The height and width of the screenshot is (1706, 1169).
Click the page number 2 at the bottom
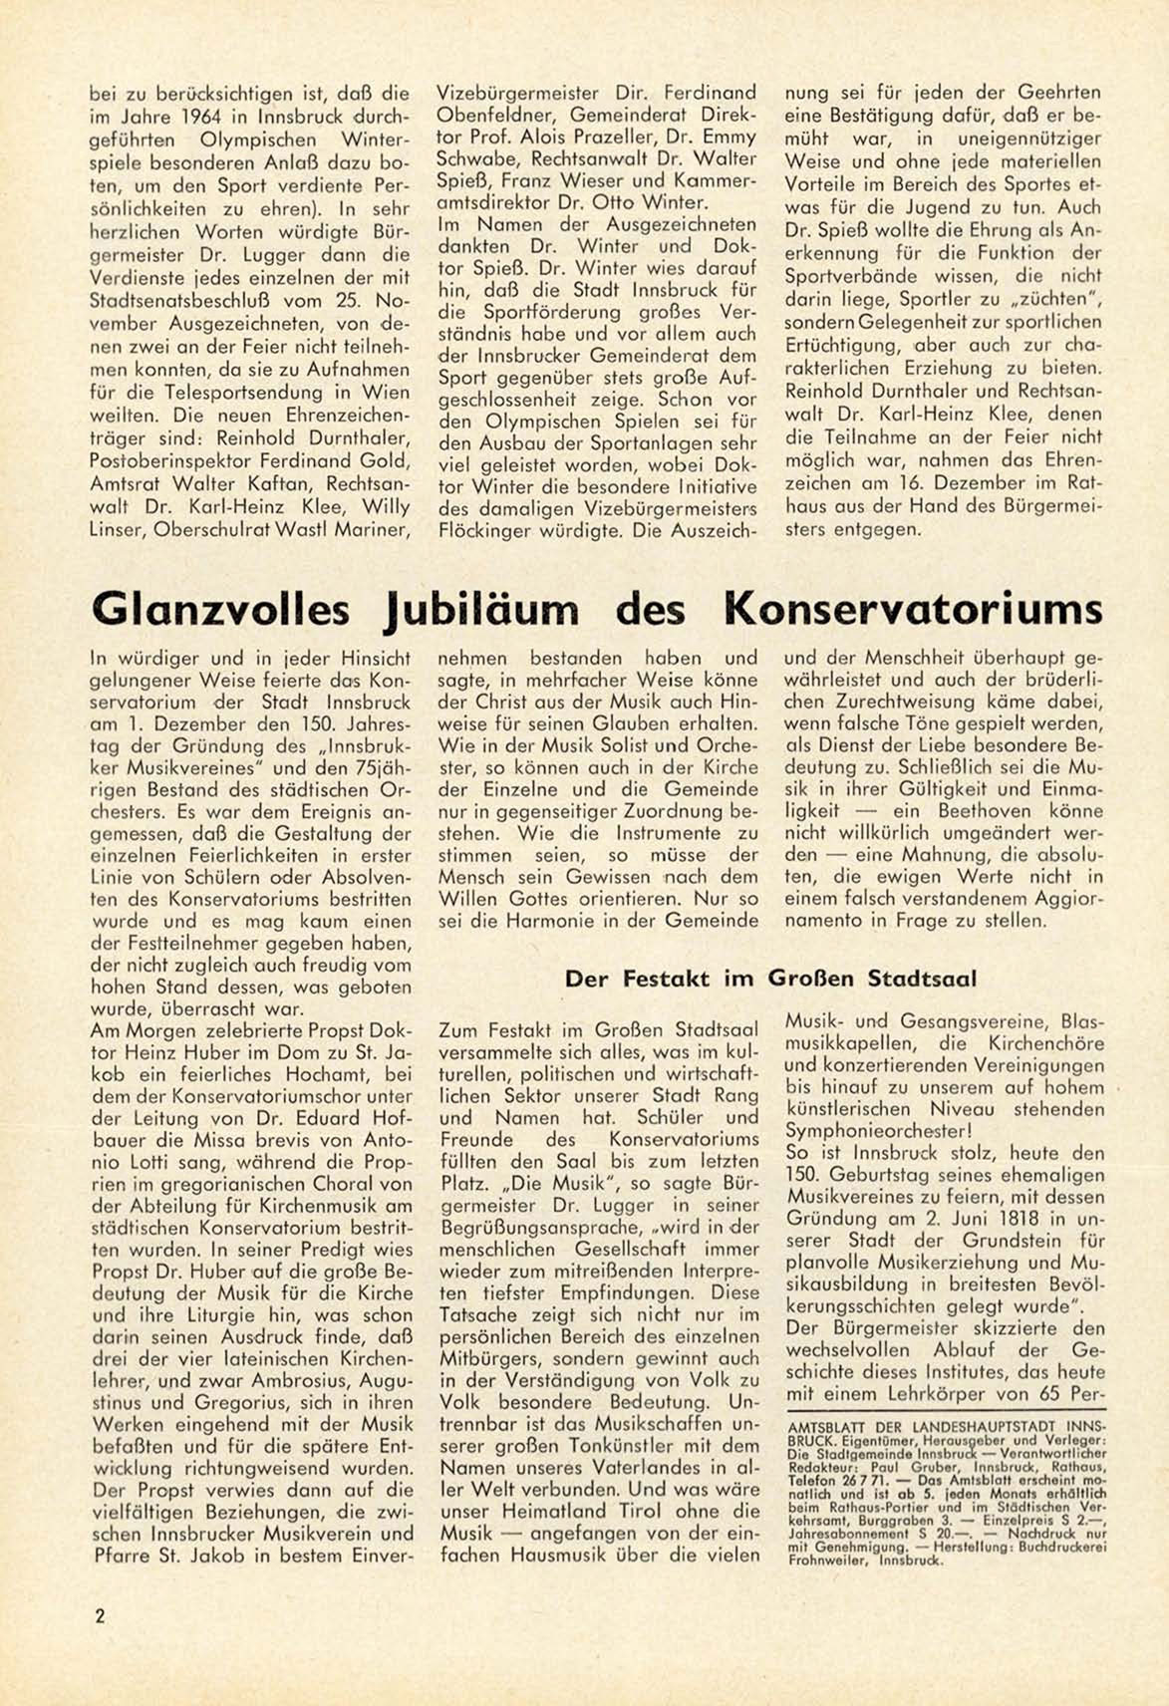pos(100,1616)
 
